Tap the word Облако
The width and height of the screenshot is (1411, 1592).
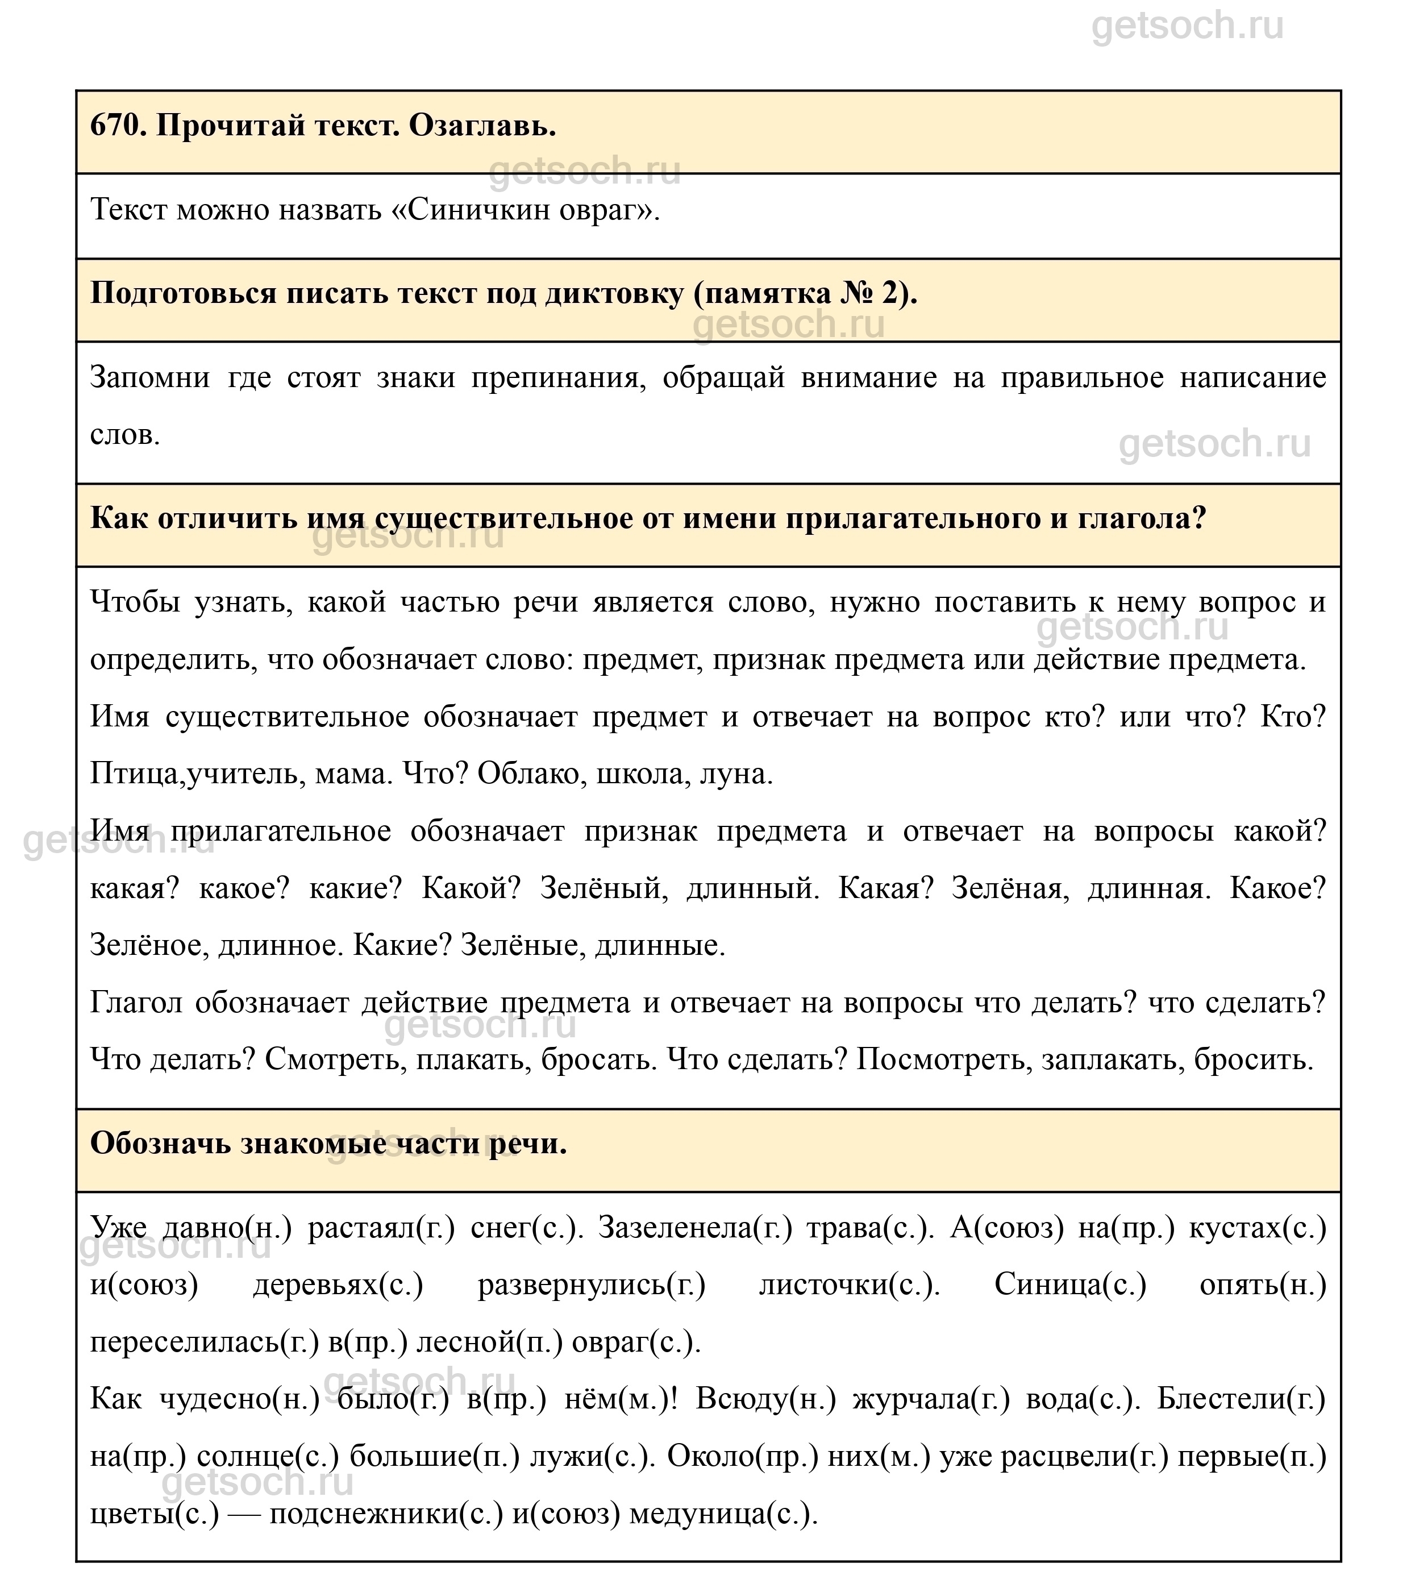pyautogui.click(x=531, y=774)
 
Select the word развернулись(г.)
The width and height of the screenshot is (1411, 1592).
pyautogui.click(x=592, y=1286)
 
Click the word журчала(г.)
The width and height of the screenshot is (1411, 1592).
pyautogui.click(x=931, y=1400)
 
